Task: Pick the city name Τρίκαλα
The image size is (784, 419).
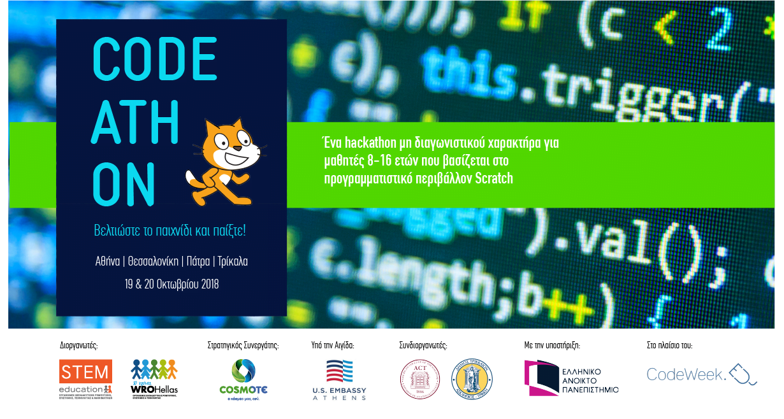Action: coord(233,260)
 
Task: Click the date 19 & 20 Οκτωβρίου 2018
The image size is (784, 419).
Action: coord(171,284)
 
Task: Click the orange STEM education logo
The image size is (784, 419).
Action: coord(85,379)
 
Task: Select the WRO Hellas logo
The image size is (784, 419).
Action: coord(154,378)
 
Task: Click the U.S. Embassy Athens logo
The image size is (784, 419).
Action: coord(339,380)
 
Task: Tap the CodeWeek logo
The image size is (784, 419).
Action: coord(701,374)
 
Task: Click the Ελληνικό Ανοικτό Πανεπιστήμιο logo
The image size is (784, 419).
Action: coord(571,378)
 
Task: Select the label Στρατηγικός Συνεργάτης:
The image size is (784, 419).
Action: coord(243,346)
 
